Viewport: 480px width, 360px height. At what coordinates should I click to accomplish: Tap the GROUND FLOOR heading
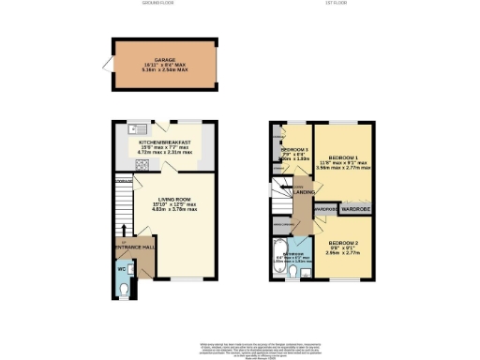(x=166, y=5)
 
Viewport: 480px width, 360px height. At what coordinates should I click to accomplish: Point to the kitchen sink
(x=135, y=129)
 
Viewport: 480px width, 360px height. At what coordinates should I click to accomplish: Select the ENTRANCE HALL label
(x=134, y=247)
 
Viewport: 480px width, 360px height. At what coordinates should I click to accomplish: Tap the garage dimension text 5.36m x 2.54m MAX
(x=164, y=69)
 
